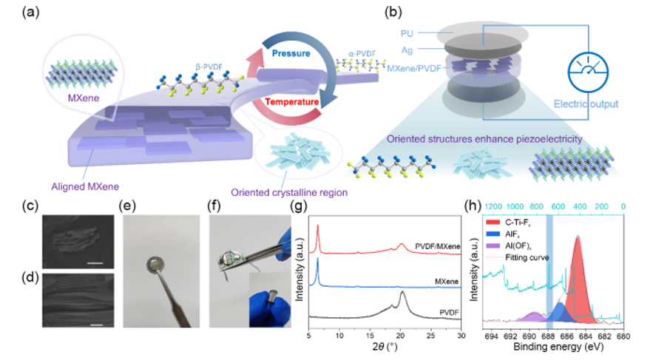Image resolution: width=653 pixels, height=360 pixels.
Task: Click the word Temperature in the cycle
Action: (x=291, y=101)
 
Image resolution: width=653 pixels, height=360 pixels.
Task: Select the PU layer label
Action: (x=406, y=33)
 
